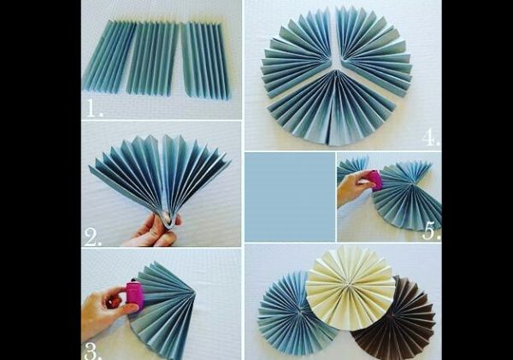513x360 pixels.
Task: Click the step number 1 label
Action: pos(95,108)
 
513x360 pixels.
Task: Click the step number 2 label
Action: pos(93,237)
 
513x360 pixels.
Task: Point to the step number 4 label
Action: pos(430,138)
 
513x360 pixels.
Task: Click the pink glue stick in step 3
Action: pos(135,294)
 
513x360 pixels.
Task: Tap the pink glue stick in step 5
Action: pos(374,180)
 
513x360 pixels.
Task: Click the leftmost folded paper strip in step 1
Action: pos(109,56)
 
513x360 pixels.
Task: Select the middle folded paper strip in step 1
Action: pos(152,59)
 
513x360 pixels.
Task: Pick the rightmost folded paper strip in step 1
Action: pos(204,61)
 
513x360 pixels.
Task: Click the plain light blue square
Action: pos(290,197)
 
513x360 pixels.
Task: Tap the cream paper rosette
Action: pos(351,288)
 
